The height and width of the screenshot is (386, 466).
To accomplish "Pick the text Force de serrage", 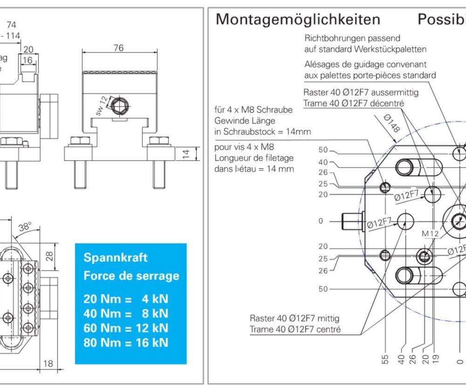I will (131, 276).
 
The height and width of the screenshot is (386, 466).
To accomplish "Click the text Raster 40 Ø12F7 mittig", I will (294, 319).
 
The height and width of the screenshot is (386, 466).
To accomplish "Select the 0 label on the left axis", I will (321, 221).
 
